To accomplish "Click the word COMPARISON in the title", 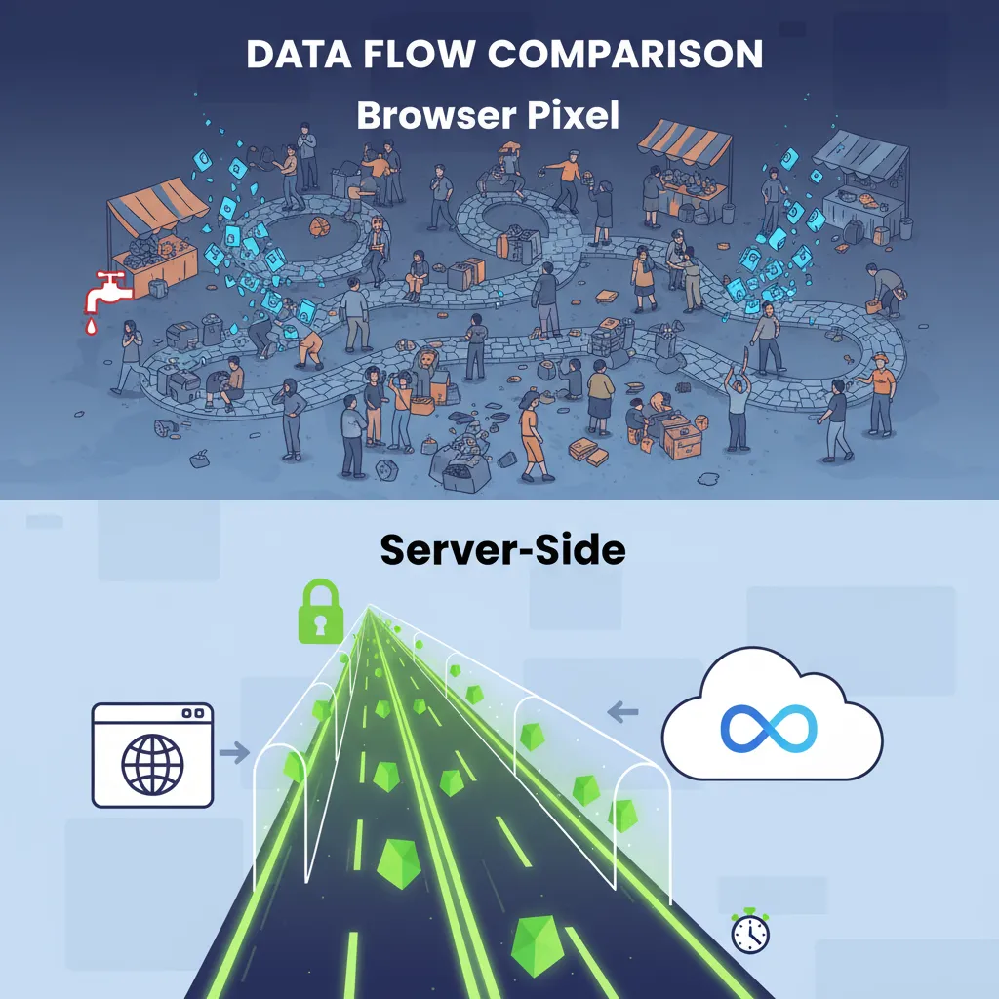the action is [625, 54].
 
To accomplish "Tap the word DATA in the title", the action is [299, 55].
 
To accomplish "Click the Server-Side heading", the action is [502, 549].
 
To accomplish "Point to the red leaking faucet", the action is [107, 291].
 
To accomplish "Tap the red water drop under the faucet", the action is [91, 327].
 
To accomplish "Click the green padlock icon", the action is [320, 611].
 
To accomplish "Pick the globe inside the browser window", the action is [152, 765].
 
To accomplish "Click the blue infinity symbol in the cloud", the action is [769, 728].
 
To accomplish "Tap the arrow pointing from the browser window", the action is [234, 752].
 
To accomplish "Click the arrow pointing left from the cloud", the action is [622, 711].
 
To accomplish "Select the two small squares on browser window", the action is [193, 713].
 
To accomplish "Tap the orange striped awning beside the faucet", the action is [157, 206].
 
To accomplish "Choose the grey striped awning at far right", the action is [860, 155].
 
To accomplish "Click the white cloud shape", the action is [773, 714].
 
